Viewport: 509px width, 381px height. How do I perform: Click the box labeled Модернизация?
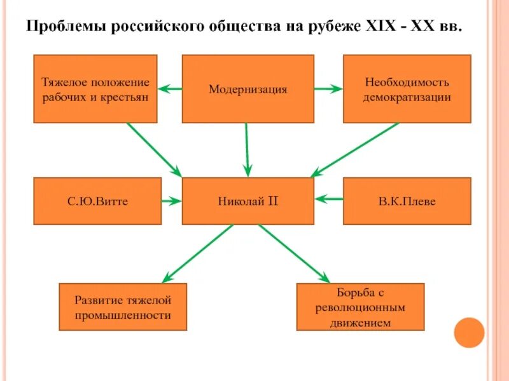click(248, 88)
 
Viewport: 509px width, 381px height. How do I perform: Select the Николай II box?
click(248, 201)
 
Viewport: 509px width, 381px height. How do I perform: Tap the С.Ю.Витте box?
click(97, 201)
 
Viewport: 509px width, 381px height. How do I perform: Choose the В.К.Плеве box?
click(407, 201)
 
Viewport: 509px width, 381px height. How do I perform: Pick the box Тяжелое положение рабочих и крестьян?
click(95, 88)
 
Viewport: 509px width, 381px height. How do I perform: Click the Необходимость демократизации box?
click(407, 88)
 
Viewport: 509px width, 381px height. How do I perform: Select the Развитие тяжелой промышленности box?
click(123, 307)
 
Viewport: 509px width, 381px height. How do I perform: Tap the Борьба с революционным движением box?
click(360, 307)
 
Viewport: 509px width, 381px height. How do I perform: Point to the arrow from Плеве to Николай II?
click(329, 199)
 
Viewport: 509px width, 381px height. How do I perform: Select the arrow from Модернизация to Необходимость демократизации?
click(328, 89)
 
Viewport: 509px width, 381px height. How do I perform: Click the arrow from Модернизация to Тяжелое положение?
click(170, 89)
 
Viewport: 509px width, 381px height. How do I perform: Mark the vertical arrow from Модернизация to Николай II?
click(247, 150)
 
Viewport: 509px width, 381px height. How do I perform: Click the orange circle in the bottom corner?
click(470, 332)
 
